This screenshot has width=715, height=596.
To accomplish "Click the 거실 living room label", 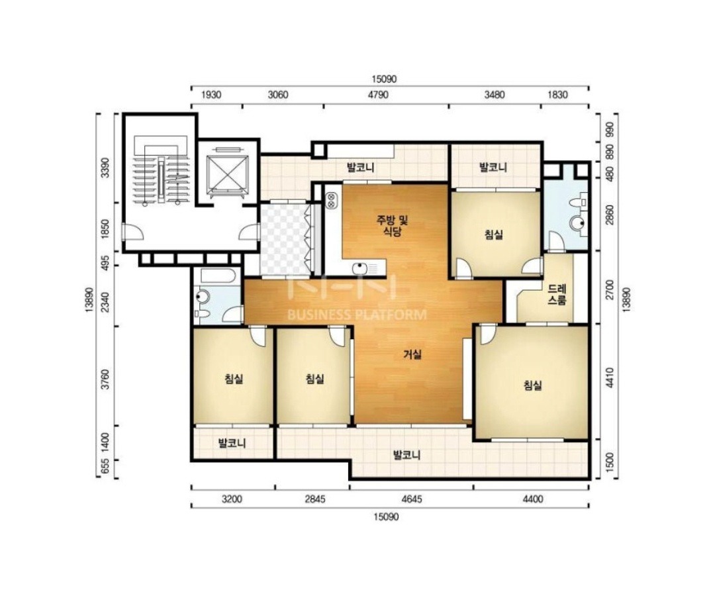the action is point(412,354).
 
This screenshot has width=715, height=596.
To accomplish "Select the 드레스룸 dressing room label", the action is point(557,295).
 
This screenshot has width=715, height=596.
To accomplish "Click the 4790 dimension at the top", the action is point(379,95).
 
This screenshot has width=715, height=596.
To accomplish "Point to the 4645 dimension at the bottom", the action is point(411,499).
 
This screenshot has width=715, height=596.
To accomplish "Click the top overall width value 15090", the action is point(384,79).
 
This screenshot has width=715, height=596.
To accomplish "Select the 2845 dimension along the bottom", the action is point(315,499).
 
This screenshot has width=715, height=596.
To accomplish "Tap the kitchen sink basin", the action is point(359,268).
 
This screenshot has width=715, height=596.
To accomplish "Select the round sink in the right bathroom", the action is point(578,223).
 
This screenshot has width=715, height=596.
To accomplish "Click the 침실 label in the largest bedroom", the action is point(532,385).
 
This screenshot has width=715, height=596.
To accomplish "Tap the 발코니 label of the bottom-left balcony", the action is point(232,443).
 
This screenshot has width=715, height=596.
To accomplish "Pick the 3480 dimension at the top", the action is point(495,95).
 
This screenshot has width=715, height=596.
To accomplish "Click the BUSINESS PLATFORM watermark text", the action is point(357,315).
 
